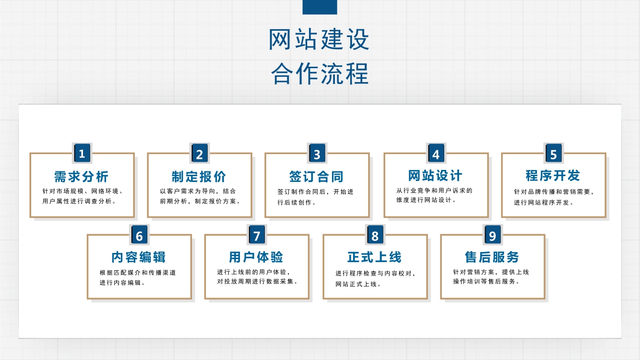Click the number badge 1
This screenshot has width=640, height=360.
tap(82, 153)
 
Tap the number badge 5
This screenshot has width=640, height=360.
tap(554, 153)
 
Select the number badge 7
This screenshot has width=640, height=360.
tap(257, 235)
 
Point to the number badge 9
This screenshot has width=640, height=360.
tap(493, 235)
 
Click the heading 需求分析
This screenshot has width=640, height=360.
tap(82, 177)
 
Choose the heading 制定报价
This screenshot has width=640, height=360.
tap(199, 177)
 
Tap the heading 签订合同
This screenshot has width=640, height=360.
tap(316, 177)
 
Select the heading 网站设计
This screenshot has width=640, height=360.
tap(435, 176)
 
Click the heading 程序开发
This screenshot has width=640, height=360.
tap(553, 176)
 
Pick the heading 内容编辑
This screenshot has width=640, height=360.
tap(139, 257)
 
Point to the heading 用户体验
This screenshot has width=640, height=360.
tap(256, 257)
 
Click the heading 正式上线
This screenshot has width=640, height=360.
tap(375, 257)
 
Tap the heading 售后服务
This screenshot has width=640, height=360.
tap(492, 257)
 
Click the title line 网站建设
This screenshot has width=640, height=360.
tap(319, 39)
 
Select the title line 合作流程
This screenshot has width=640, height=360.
tap(320, 74)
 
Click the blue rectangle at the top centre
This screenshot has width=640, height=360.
tap(320, 7)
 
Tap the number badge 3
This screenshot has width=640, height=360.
tap(317, 153)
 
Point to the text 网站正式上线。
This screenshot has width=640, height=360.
tap(358, 284)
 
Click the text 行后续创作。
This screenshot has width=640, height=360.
tap(297, 203)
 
